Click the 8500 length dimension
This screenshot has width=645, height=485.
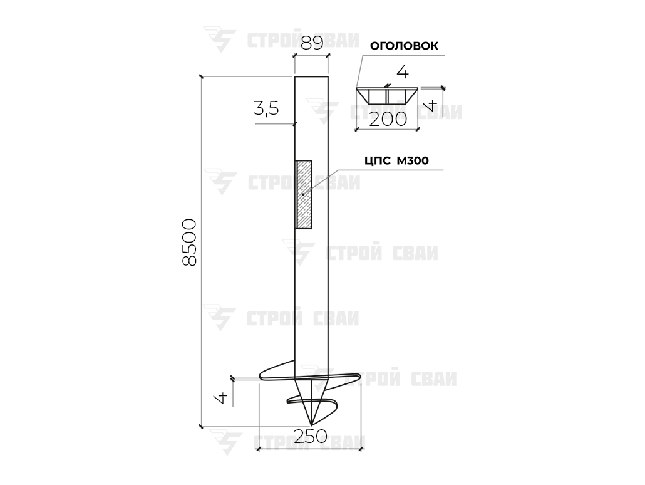pos(189,242)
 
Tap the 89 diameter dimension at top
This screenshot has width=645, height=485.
pos(312,43)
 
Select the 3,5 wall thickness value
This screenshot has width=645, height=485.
pos(266,109)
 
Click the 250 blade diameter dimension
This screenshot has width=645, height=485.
pos(311,436)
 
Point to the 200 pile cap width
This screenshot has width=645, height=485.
pos(388,120)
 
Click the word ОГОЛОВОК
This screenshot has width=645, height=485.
pos(404,46)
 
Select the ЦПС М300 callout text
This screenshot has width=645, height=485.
pos(396,160)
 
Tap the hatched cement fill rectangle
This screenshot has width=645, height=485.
pos(304,194)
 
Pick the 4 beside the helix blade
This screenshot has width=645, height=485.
pos(222,397)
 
